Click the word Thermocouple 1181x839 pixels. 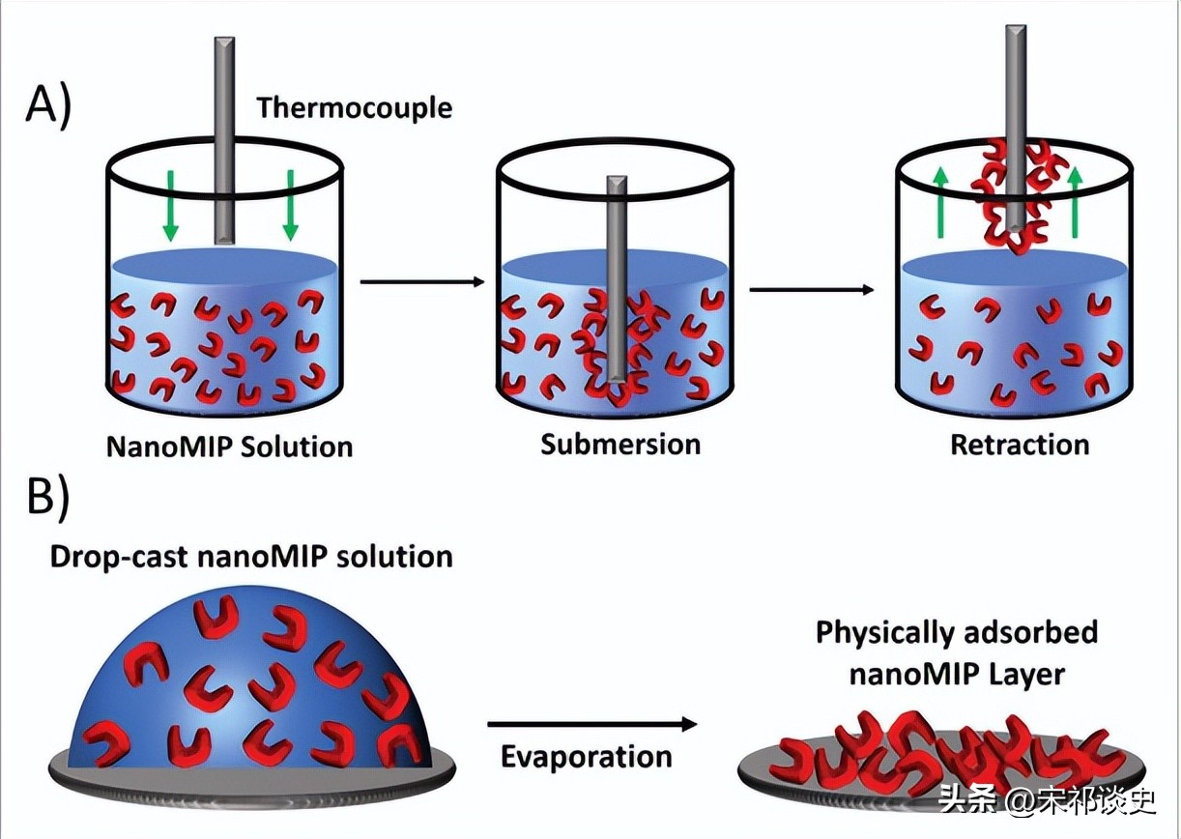354,106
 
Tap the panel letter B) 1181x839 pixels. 47,498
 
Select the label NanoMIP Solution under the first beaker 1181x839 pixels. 229,446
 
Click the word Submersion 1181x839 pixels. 620,444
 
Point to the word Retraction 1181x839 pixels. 1020,445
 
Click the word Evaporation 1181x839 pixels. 586,756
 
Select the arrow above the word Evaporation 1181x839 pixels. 591,724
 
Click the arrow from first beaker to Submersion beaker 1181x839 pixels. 420,281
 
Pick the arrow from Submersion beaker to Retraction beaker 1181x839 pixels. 813,289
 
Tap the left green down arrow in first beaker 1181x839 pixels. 170,205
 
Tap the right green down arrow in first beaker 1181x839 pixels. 289,205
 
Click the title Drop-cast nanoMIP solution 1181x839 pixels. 250,557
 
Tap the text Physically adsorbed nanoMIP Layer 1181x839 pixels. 957,652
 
